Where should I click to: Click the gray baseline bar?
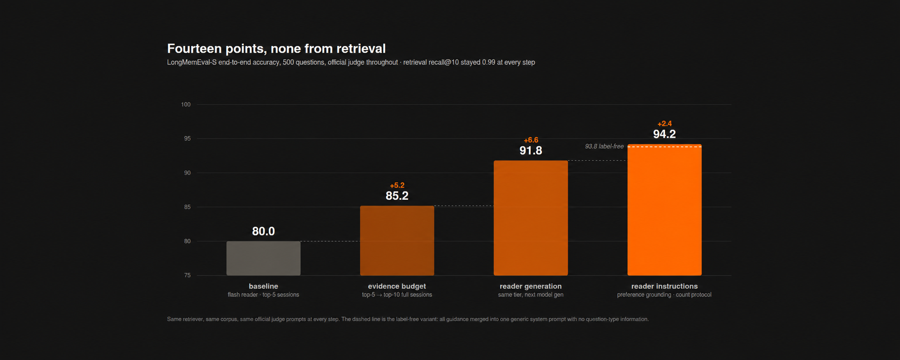point(263,258)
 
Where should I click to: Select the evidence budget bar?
point(397,241)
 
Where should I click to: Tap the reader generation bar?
point(531,218)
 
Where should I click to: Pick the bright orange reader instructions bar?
point(664,210)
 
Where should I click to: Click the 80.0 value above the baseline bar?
point(263,231)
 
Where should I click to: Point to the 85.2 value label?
point(397,196)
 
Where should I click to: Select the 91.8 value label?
point(531,150)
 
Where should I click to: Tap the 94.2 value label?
point(664,134)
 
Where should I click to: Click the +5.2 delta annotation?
point(397,185)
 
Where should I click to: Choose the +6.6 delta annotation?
point(531,140)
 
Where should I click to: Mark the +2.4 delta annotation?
point(664,123)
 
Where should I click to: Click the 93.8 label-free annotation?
point(604,146)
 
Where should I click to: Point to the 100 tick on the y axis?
point(186,104)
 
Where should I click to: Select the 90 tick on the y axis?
point(187,173)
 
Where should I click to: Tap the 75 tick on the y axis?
point(187,276)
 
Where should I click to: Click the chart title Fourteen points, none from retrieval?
point(276,48)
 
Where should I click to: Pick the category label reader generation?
point(531,286)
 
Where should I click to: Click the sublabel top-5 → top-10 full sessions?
point(397,295)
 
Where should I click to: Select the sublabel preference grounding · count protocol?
point(664,295)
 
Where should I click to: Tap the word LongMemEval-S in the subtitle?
point(192,62)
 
